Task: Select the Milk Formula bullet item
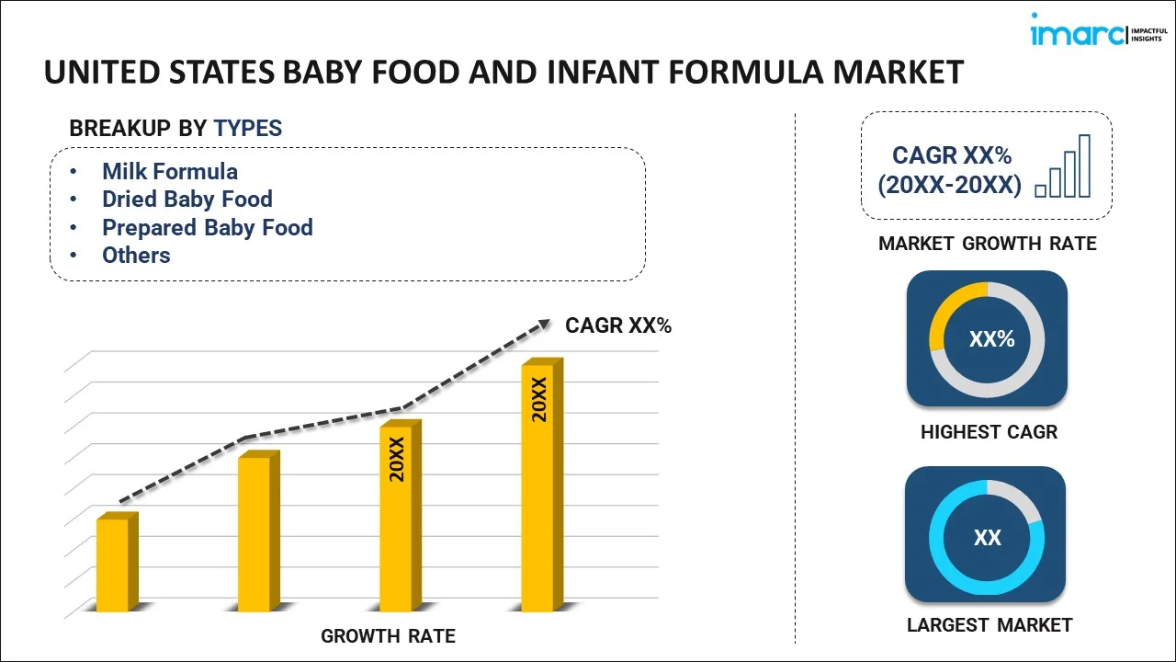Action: (170, 172)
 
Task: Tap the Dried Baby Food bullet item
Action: (187, 200)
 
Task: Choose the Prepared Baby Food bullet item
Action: (207, 228)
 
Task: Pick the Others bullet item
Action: (136, 256)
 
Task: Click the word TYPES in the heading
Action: (248, 129)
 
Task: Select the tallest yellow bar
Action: (537, 487)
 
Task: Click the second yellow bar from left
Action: (254, 533)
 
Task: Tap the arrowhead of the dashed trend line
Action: (544, 324)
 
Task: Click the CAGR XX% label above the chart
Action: (618, 325)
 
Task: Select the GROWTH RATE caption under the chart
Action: (388, 636)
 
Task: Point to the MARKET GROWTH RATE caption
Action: (988, 244)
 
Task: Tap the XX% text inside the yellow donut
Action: (991, 339)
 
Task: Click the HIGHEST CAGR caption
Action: (989, 432)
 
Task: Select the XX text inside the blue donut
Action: (988, 538)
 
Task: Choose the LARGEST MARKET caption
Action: (989, 625)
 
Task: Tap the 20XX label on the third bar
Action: (397, 460)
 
